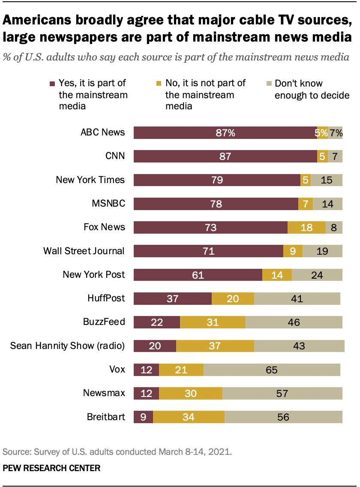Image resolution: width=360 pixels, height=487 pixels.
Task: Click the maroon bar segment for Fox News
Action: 210,227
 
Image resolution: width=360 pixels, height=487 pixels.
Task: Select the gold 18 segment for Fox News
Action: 306,227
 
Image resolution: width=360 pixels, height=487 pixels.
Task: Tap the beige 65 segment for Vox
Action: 272,370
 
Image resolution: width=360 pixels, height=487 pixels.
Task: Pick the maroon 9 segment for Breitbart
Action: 143,417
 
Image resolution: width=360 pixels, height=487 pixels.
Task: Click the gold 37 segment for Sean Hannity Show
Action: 215,346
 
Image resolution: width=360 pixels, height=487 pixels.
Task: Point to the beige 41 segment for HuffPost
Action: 297,298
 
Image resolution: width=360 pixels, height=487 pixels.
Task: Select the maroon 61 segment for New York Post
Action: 198,275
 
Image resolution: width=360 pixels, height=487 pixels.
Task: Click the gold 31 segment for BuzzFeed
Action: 213,322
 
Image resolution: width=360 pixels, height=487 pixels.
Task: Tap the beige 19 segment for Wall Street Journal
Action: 322,251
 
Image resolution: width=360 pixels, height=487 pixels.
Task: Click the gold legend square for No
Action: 159,84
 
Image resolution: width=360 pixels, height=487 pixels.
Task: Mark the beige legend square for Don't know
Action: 268,84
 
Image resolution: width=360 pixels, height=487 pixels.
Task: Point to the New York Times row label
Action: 90,180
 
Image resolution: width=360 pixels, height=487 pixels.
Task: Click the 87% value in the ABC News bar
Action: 225,133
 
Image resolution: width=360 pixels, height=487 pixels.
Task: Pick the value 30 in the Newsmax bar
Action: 191,393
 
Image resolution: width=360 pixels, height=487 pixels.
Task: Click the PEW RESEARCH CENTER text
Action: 51,468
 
